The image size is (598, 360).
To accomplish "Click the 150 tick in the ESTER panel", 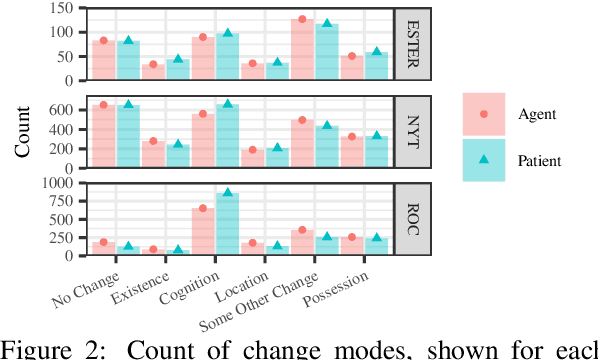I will click(x=62, y=9).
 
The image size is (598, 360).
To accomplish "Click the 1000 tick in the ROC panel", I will click(x=59, y=184).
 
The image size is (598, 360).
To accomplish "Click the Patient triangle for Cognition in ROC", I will click(x=228, y=192).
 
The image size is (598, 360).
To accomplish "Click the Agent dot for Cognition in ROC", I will click(x=203, y=208).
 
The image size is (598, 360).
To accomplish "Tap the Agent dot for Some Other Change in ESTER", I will click(x=301, y=19).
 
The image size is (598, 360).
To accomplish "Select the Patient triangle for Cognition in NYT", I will click(x=228, y=104).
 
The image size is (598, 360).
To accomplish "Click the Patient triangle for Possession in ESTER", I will click(x=375, y=52).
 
